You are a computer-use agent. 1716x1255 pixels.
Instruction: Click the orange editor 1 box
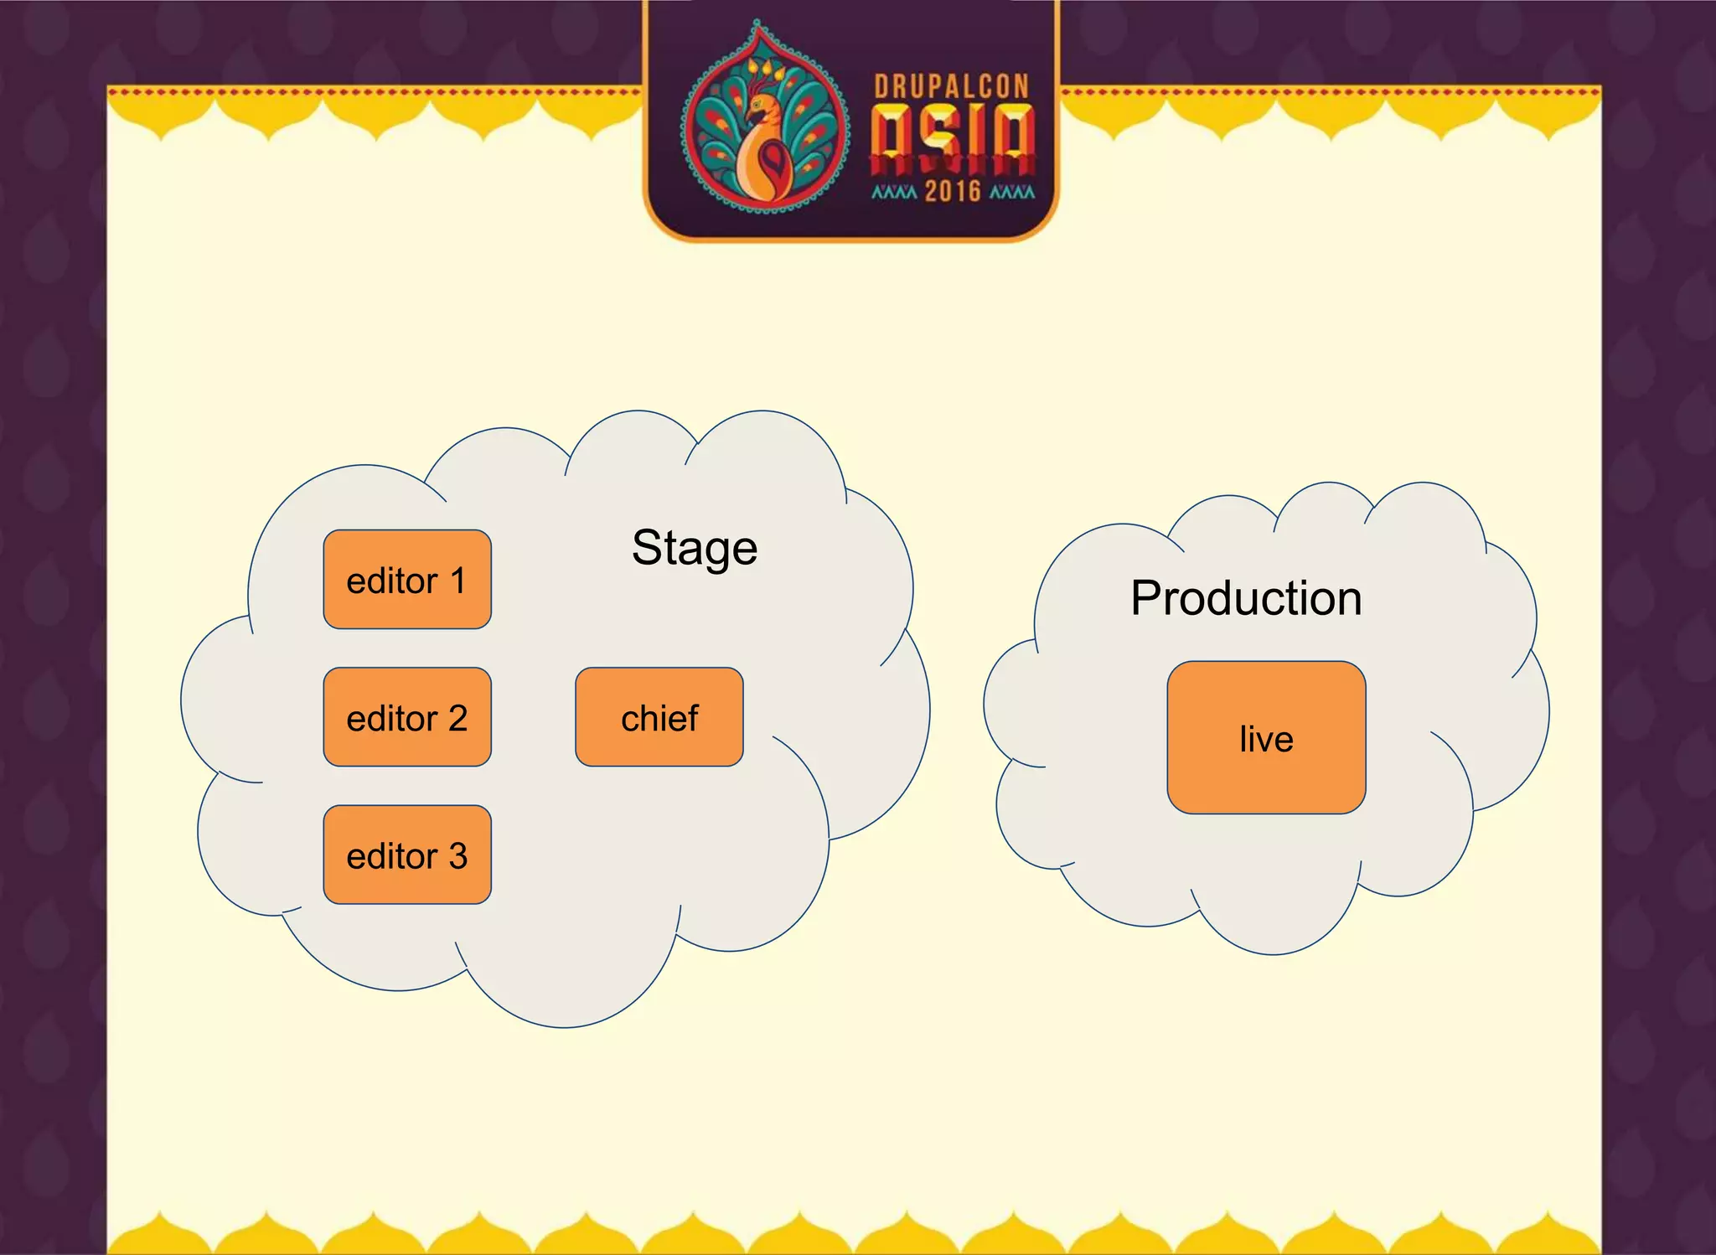(x=407, y=579)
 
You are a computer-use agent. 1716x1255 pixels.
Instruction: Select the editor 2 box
(x=407, y=717)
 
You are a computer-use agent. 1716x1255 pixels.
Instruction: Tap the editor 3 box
(x=407, y=855)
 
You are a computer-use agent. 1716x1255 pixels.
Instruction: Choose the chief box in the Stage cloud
(x=659, y=717)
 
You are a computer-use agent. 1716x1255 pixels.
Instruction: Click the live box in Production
(x=1266, y=737)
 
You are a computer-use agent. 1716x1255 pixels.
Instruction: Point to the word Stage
(x=695, y=549)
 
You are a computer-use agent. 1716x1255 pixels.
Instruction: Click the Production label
(x=1246, y=598)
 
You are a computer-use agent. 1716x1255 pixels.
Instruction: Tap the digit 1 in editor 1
(x=457, y=581)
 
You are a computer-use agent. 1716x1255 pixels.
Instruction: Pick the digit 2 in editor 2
(x=457, y=719)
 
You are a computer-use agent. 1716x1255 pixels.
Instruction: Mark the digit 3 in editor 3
(x=457, y=856)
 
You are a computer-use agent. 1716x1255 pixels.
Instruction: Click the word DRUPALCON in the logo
(x=952, y=86)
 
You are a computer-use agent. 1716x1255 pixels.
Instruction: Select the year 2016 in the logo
(x=953, y=191)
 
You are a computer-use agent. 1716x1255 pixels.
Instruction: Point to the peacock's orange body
(x=764, y=168)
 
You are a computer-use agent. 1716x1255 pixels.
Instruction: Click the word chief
(x=659, y=719)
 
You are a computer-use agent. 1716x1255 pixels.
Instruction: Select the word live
(x=1266, y=739)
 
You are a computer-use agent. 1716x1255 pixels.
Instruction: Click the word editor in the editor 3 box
(x=392, y=856)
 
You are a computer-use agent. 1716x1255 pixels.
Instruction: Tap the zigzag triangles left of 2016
(x=894, y=192)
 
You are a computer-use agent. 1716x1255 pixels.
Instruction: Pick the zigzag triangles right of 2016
(x=1012, y=192)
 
